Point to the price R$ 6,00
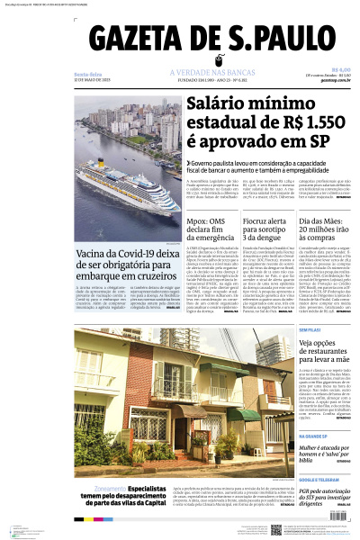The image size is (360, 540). point(340,69)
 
